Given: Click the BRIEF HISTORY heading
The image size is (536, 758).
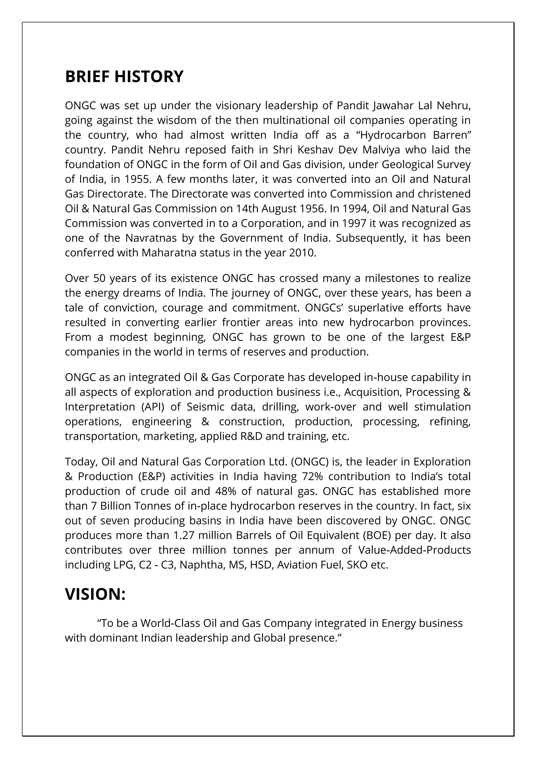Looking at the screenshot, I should click(124, 77).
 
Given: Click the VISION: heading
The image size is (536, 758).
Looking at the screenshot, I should click(95, 594).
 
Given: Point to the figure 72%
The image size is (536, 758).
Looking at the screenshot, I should click(312, 476).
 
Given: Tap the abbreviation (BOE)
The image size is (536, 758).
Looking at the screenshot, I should click(377, 535).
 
